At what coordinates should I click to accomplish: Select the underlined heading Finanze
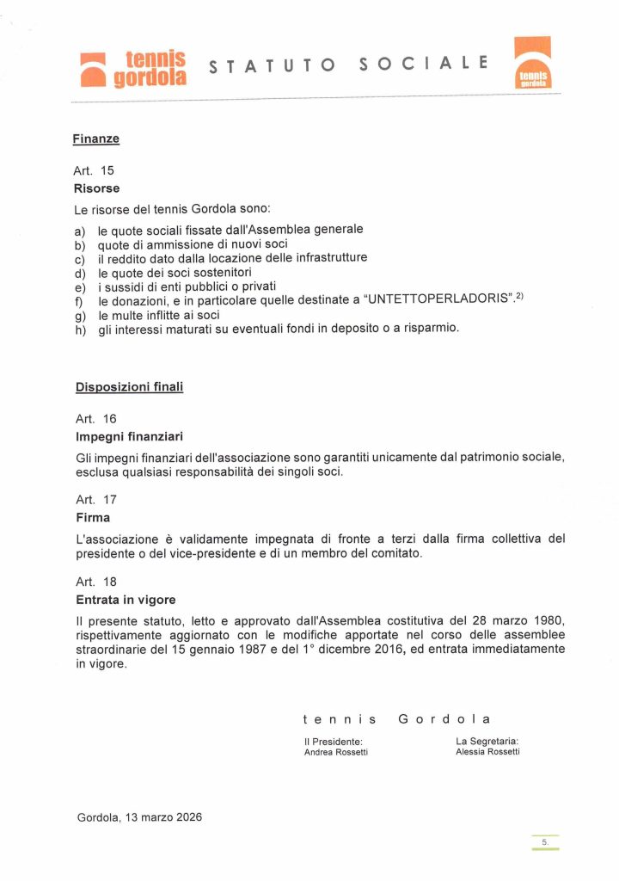coord(95,138)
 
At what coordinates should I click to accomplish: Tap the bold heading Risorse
coord(97,188)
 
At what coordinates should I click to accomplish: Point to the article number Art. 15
coord(95,170)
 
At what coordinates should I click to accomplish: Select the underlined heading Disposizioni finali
coord(129,387)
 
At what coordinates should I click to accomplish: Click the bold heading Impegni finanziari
coord(130,436)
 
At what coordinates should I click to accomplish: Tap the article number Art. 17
coord(95,499)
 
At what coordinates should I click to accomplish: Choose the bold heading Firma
coord(93,518)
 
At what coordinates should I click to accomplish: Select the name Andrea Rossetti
coord(335,752)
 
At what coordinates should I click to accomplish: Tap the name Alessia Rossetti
coord(487,752)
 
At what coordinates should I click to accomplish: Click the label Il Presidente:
coord(333,741)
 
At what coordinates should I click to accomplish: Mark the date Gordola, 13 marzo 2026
coord(139,816)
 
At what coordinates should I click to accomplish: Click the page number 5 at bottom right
coord(544,841)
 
